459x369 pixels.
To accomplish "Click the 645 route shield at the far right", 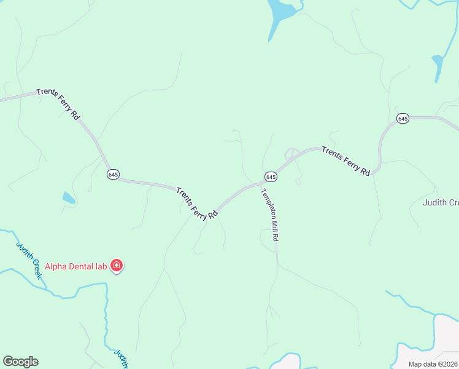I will (403, 118).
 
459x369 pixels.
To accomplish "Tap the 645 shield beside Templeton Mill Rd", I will (271, 177).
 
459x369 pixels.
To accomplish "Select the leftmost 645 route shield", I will (113, 175).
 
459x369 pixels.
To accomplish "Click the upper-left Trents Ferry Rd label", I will (58, 104).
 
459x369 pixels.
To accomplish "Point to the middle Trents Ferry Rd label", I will (197, 204).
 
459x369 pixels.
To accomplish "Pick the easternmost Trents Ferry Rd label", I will (346, 161).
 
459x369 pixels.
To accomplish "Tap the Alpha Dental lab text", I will (75, 266).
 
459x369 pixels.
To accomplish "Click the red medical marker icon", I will (117, 266).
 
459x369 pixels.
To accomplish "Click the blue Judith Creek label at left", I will (29, 260).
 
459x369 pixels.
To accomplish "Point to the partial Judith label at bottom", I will (121, 359).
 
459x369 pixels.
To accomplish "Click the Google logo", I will (20, 362).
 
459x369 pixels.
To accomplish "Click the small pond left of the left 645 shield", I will (69, 198).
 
